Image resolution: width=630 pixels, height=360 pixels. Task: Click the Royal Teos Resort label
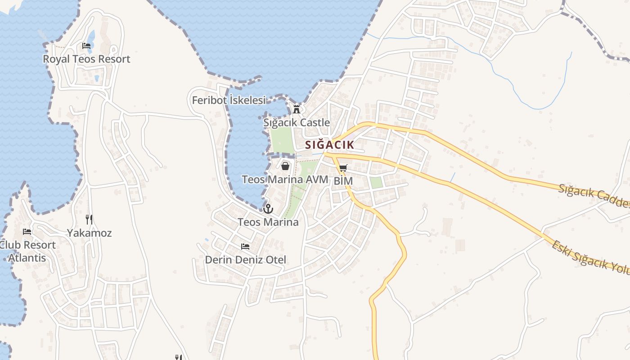click(86, 59)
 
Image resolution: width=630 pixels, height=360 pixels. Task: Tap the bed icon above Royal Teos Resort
click(86, 46)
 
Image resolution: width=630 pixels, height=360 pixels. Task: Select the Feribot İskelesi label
click(229, 100)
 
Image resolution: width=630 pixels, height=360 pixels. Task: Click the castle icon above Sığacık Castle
click(297, 109)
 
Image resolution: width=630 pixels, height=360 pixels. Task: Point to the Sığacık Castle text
click(297, 122)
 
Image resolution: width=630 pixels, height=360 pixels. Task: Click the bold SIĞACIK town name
click(329, 145)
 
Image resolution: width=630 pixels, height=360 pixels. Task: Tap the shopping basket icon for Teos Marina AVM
click(285, 166)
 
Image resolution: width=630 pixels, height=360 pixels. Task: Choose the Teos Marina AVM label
click(285, 179)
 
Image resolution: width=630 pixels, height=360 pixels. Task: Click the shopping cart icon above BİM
click(343, 169)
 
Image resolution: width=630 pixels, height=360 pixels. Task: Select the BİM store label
click(343, 181)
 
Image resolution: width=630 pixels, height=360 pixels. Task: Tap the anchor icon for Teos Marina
click(268, 209)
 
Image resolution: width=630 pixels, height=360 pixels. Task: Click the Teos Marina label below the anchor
click(268, 222)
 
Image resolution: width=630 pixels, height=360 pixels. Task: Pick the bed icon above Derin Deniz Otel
click(245, 247)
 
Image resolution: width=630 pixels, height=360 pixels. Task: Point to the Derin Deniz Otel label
click(245, 260)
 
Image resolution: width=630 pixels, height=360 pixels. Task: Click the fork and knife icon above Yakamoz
click(89, 220)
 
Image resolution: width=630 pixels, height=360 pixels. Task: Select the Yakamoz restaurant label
click(89, 233)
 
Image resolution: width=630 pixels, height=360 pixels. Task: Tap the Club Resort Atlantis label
click(27, 252)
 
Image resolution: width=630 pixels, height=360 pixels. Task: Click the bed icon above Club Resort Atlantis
click(27, 232)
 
